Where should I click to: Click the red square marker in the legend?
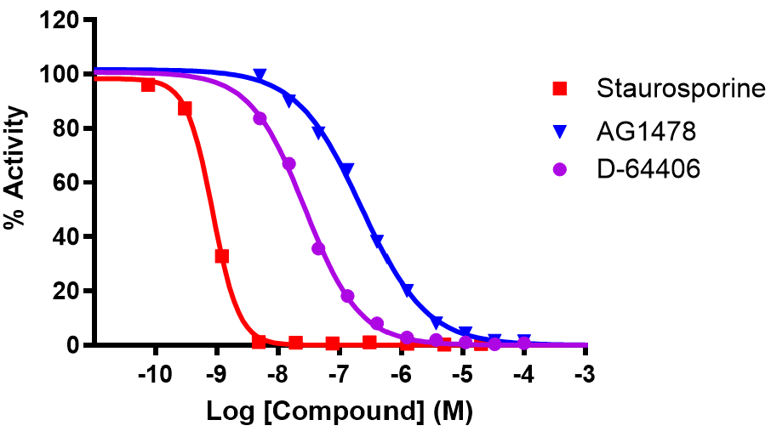point(560,88)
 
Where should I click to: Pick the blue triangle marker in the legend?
point(560,131)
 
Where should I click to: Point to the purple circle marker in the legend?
point(560,170)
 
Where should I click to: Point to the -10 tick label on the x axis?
point(154,375)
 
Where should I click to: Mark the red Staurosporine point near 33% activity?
point(222,256)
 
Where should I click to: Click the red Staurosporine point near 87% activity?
point(185,109)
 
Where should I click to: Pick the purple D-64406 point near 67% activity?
point(288,164)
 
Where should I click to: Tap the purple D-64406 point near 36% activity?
point(319,248)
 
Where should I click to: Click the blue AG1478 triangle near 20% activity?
point(408,291)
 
